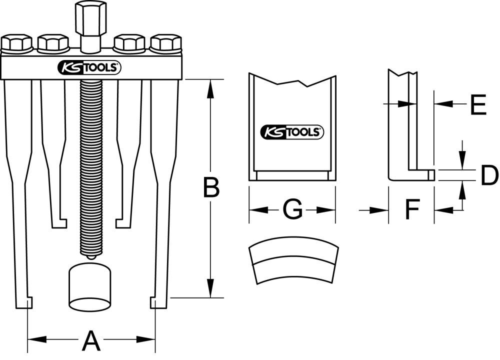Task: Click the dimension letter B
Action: coord(210,188)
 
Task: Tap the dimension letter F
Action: coord(411,210)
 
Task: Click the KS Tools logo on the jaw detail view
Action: coord(292,132)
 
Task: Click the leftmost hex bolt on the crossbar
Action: coord(16,44)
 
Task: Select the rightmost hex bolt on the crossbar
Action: coord(166,44)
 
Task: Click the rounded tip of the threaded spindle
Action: coord(90,256)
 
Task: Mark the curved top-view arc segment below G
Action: coord(292,263)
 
